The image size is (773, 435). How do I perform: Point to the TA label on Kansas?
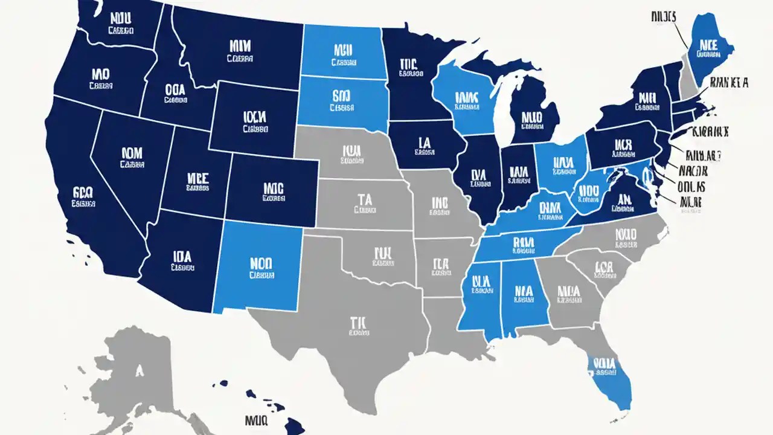click(x=364, y=200)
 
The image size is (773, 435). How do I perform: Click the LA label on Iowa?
click(x=424, y=143)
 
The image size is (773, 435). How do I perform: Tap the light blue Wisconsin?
click(x=465, y=100)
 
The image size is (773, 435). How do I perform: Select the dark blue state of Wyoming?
click(x=254, y=118)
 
